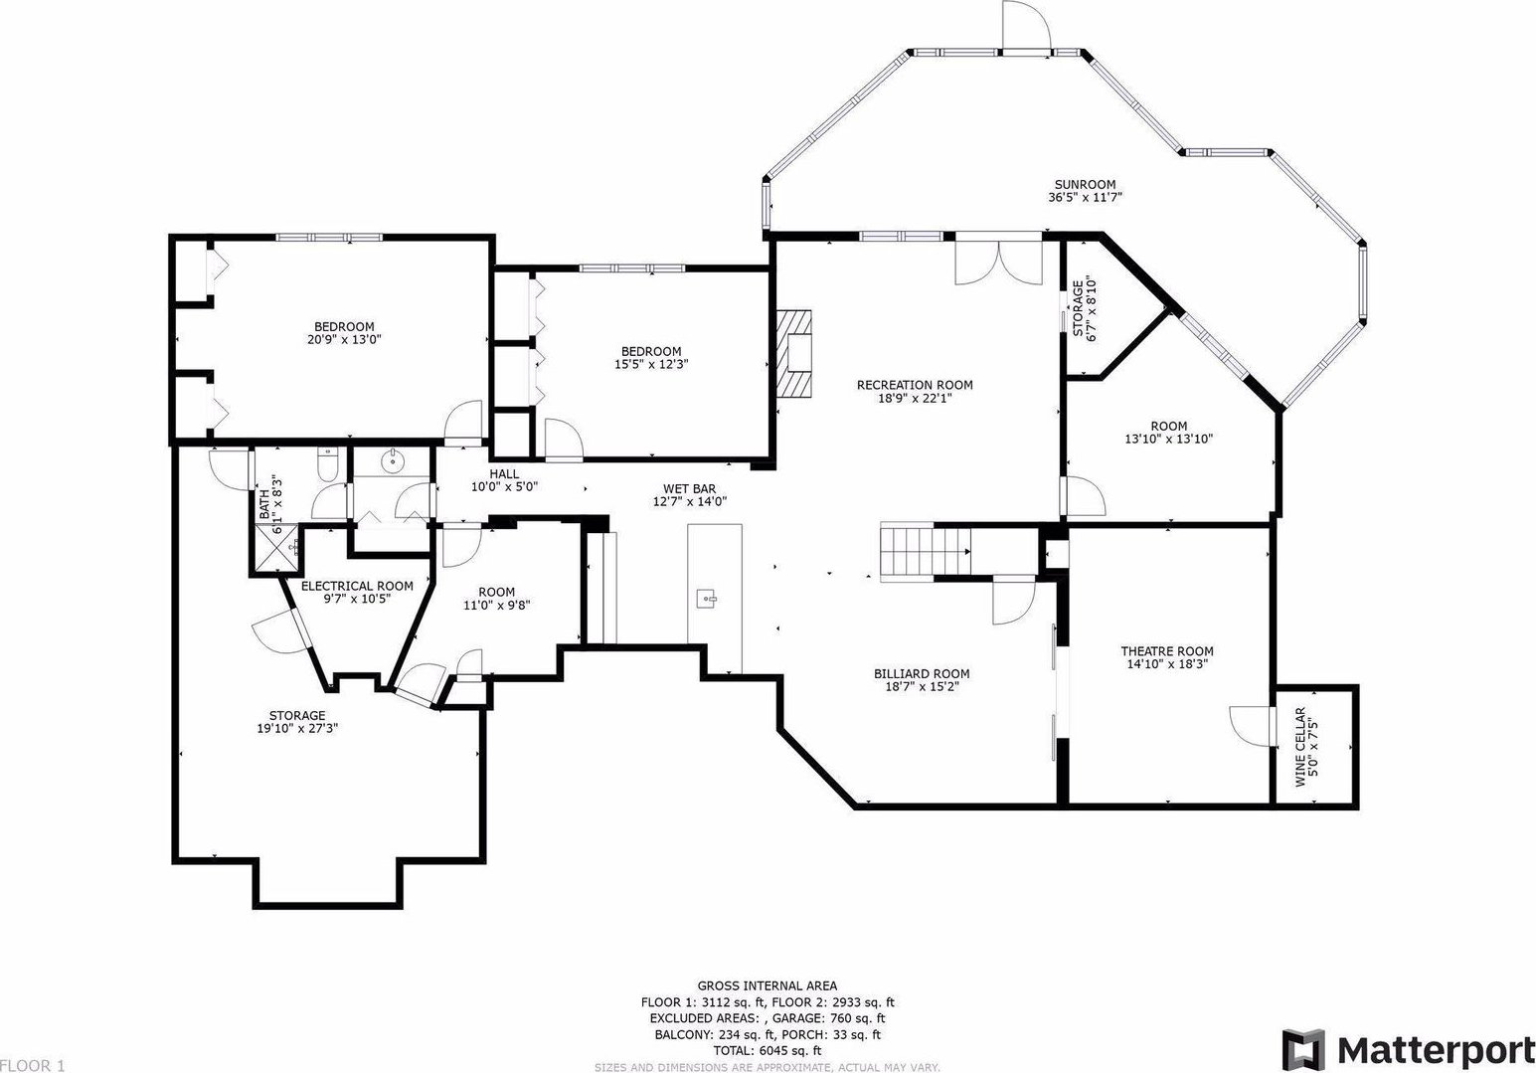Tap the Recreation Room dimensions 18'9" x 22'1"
click(x=915, y=398)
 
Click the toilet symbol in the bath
click(x=328, y=463)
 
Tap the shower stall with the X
click(x=277, y=548)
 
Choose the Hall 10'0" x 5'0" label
click(x=504, y=480)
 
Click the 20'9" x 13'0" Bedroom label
click(x=344, y=333)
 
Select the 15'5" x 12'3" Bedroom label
click(x=651, y=357)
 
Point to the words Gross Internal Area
click(x=768, y=986)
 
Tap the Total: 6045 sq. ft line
click(x=768, y=1050)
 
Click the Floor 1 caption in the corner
click(x=32, y=1065)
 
